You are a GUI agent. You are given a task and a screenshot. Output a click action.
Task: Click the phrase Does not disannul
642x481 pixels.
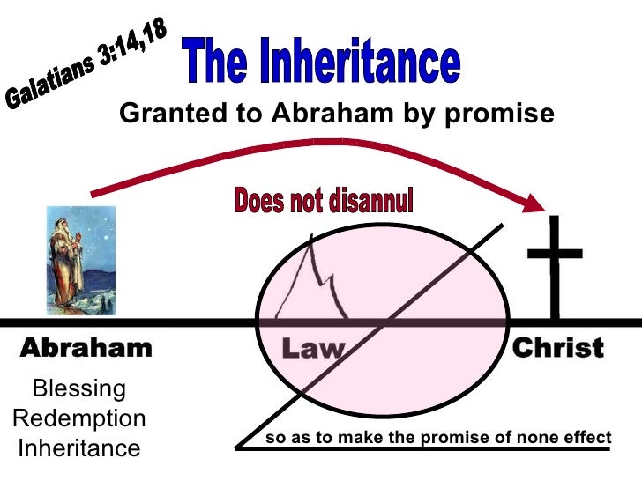click(x=323, y=201)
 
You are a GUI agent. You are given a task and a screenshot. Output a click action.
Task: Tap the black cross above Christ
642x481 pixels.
click(x=555, y=264)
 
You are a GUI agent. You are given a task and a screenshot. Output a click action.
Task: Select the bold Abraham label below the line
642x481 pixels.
click(x=85, y=348)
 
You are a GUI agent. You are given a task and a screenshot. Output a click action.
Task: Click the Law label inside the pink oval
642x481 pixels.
click(x=311, y=349)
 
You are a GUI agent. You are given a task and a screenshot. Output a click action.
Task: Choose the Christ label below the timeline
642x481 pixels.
click(x=557, y=348)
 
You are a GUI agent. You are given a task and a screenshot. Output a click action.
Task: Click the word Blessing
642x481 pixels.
click(x=78, y=388)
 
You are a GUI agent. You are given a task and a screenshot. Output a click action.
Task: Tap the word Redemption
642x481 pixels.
click(x=78, y=418)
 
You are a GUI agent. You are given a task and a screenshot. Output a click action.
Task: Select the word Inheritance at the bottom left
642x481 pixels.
click(x=78, y=448)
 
